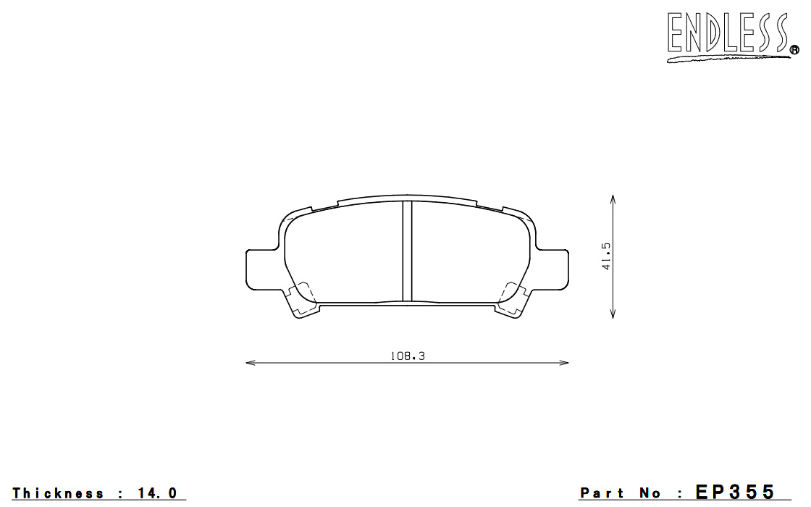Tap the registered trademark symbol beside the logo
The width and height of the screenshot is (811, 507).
pyautogui.click(x=794, y=50)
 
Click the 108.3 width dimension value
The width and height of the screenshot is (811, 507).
pyautogui.click(x=408, y=356)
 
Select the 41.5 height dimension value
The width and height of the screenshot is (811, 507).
pyautogui.click(x=606, y=256)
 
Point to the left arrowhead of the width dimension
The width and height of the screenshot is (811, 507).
pyautogui.click(x=251, y=363)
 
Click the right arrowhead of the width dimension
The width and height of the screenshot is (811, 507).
pyautogui.click(x=564, y=363)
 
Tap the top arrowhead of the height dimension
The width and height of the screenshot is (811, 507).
pyautogui.click(x=613, y=200)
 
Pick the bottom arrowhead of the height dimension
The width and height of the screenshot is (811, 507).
pyautogui.click(x=613, y=313)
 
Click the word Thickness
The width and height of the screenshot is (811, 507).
pyautogui.click(x=58, y=493)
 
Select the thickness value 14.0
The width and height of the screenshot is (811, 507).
pyautogui.click(x=158, y=493)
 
